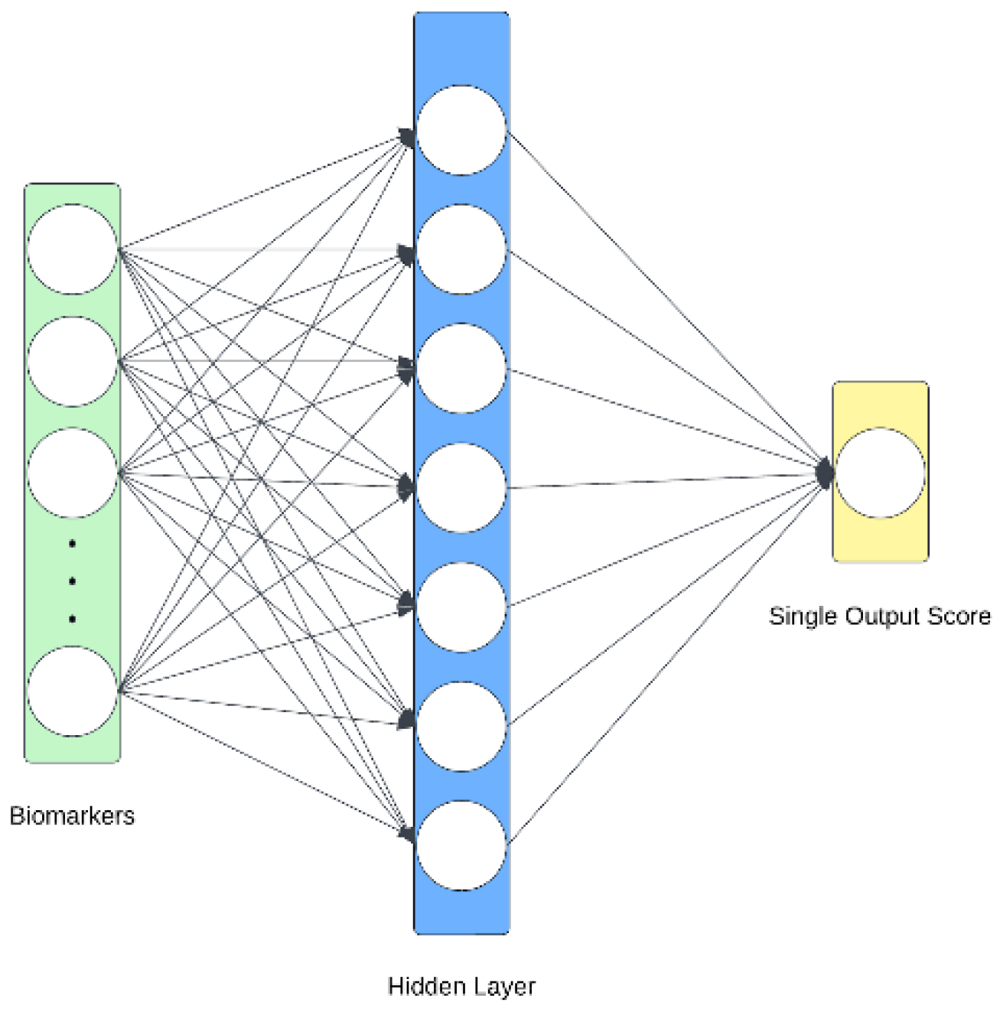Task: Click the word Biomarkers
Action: pyautogui.click(x=72, y=815)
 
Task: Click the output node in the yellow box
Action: pyautogui.click(x=880, y=473)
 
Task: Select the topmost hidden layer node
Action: pyautogui.click(x=461, y=130)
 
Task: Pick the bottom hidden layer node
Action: pyautogui.click(x=461, y=845)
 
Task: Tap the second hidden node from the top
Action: pyautogui.click(x=461, y=249)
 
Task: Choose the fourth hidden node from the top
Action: pyautogui.click(x=461, y=487)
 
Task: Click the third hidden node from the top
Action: pyautogui.click(x=461, y=368)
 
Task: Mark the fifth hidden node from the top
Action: pyautogui.click(x=461, y=607)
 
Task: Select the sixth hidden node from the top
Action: pyautogui.click(x=461, y=726)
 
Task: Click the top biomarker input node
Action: pyautogui.click(x=73, y=249)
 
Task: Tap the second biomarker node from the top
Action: pyautogui.click(x=73, y=361)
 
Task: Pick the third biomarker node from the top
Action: pyautogui.click(x=73, y=473)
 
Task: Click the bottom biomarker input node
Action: pyautogui.click(x=73, y=691)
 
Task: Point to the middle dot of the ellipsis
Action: pyautogui.click(x=73, y=581)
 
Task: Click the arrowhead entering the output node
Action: pyautogui.click(x=824, y=473)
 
